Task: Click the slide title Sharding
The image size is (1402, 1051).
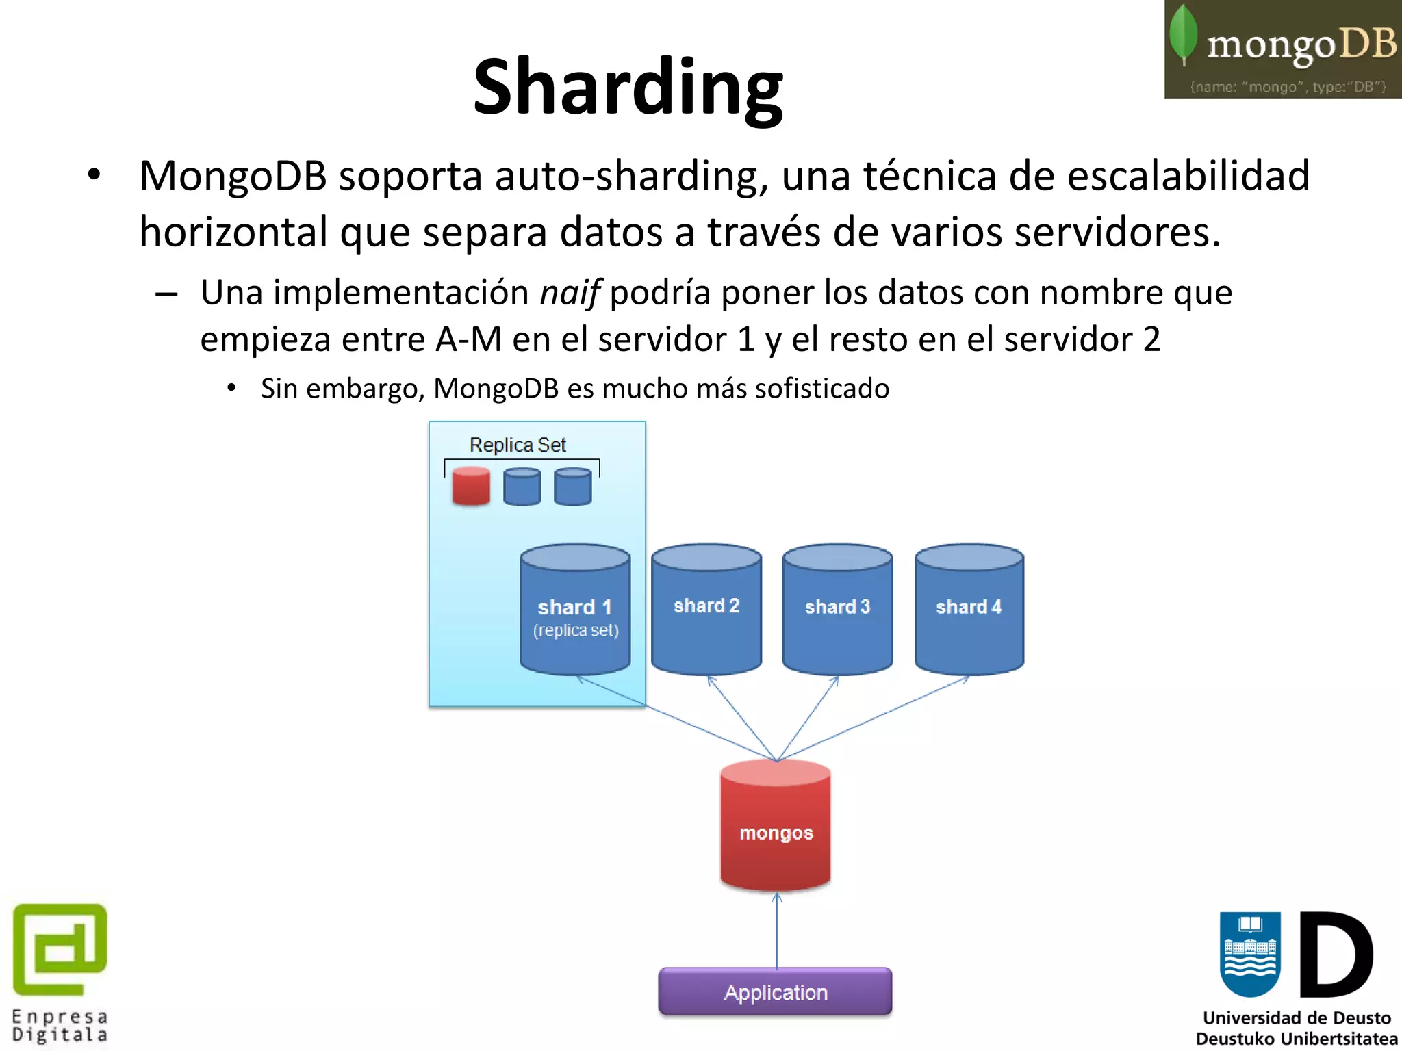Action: click(x=628, y=87)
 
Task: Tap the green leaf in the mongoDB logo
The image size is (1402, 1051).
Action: click(x=1183, y=34)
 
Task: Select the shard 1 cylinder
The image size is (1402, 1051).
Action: click(x=575, y=609)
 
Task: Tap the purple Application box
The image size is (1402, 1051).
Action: click(x=776, y=991)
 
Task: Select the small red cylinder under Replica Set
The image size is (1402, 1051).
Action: click(x=471, y=486)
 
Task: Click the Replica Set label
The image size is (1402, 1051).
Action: click(x=518, y=445)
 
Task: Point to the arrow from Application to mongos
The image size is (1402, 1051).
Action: click(x=777, y=931)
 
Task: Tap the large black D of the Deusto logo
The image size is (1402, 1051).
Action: click(x=1336, y=955)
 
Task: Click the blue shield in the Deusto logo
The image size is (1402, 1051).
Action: click(x=1250, y=953)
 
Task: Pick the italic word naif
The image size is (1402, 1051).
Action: click(x=570, y=293)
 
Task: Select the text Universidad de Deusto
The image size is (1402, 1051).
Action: click(x=1297, y=1017)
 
